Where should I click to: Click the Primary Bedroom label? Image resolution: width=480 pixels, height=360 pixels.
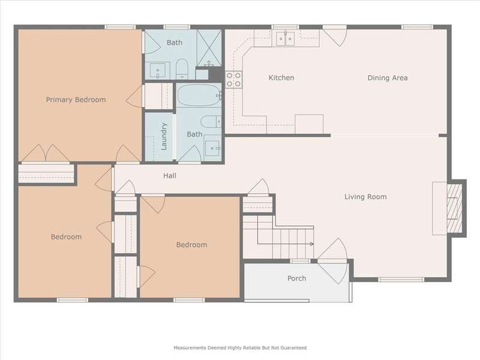tap(76, 100)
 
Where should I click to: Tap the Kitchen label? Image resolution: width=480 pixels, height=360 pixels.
tap(281, 78)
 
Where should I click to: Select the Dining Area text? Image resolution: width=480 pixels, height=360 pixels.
tap(388, 78)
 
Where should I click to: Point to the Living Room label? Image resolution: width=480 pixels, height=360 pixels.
tap(365, 197)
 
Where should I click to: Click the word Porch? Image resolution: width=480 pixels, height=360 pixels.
tap(296, 278)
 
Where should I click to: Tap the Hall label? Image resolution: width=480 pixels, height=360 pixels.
tap(170, 176)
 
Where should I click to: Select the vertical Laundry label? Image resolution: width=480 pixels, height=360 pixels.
tap(164, 137)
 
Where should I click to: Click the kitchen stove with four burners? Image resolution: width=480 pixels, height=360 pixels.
tap(233, 80)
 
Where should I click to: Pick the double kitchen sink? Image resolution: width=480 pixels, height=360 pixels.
tap(286, 39)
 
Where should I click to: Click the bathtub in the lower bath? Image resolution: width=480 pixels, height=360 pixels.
tap(199, 95)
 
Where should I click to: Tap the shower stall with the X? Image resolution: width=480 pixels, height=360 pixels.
tap(209, 48)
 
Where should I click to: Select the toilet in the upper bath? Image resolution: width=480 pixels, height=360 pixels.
tap(182, 68)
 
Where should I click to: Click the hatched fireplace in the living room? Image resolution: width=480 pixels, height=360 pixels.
tap(455, 208)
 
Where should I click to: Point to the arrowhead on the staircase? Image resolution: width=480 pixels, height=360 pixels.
tap(312, 244)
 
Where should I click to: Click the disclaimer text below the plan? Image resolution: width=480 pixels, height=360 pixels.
tap(240, 348)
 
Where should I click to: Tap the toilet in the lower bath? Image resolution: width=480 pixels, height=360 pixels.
tap(211, 122)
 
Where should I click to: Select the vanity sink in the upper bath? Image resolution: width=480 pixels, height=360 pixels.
tap(158, 70)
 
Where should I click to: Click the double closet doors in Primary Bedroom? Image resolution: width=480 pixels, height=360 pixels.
tap(46, 153)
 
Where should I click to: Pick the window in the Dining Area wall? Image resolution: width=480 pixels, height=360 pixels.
tap(417, 27)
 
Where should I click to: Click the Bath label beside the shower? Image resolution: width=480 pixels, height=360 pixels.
tap(175, 43)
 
